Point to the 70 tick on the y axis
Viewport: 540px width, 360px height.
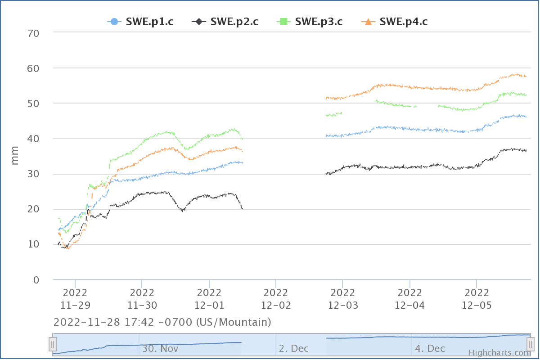tap(34, 33)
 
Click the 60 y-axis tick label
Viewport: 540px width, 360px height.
tap(34, 68)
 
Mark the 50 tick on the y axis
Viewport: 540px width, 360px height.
tap(34, 103)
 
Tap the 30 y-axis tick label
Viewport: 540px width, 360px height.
tap(34, 174)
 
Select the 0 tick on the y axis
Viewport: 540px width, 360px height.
tap(36, 280)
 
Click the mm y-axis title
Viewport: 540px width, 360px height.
tap(15, 155)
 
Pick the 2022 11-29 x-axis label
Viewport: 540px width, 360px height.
tap(75, 299)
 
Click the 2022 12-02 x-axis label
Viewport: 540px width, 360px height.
tap(276, 299)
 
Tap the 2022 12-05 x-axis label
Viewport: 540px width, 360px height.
tap(477, 299)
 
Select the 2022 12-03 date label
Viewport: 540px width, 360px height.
tap(343, 299)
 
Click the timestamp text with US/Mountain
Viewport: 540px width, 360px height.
tap(162, 322)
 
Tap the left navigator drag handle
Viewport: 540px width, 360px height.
tap(53, 344)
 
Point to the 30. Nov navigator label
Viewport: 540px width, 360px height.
tap(161, 348)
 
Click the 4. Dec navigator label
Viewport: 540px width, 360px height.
tap(430, 348)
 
